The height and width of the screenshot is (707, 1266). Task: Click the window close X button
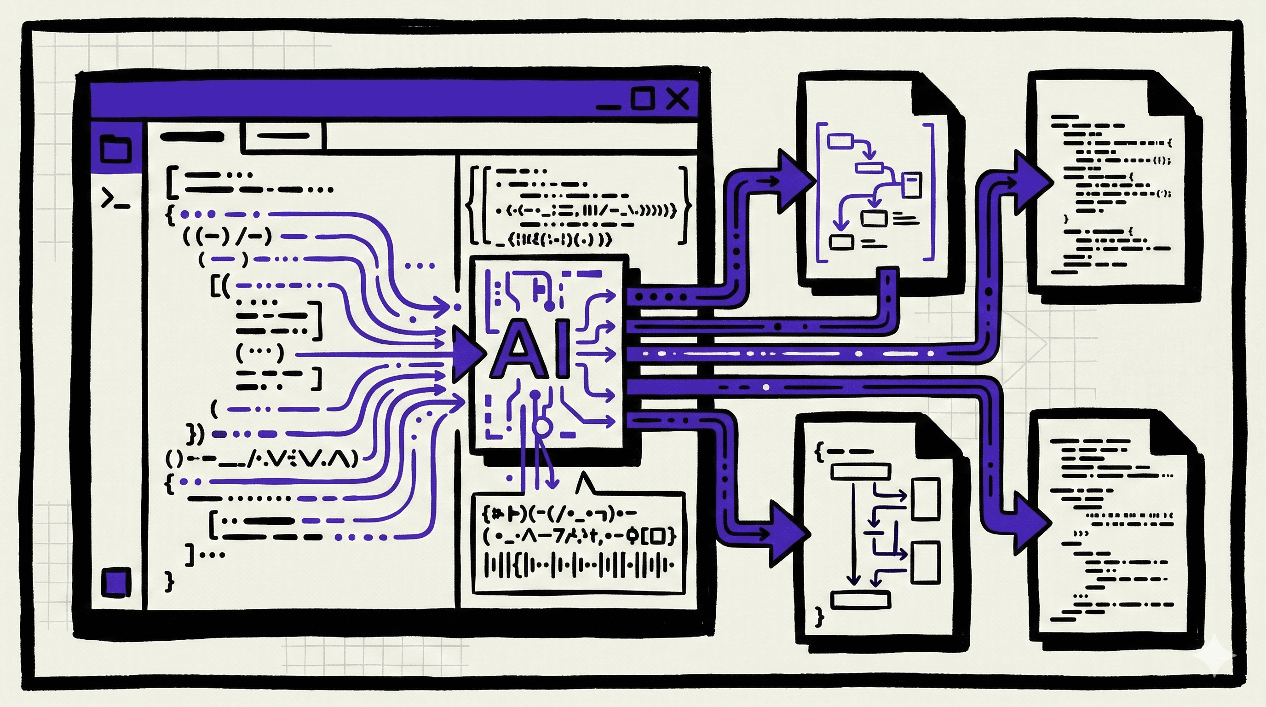pos(678,99)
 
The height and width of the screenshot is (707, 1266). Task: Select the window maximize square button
pos(642,99)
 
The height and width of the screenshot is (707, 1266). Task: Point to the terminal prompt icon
pos(115,198)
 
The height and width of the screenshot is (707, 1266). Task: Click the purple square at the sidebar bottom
pos(116,582)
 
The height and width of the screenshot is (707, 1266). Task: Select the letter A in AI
pos(517,349)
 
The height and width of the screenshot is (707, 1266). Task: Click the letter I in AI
pos(563,349)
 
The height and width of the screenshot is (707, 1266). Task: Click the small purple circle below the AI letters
pos(541,426)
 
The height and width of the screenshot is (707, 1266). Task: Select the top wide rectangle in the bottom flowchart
pos(860,472)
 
